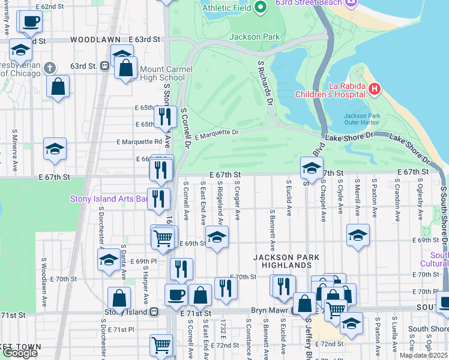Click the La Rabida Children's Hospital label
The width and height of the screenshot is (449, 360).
[x=330, y=89]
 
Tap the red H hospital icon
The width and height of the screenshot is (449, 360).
[x=375, y=89]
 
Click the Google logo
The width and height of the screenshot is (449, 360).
[x=19, y=353]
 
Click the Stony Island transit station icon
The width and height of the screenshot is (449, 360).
[x=154, y=311]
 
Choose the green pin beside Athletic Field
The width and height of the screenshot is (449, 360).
[x=260, y=8]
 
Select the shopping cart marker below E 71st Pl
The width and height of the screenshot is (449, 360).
[x=161, y=344]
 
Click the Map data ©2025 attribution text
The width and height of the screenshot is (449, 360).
[x=424, y=355]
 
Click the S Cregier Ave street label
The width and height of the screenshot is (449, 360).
[x=237, y=200]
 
